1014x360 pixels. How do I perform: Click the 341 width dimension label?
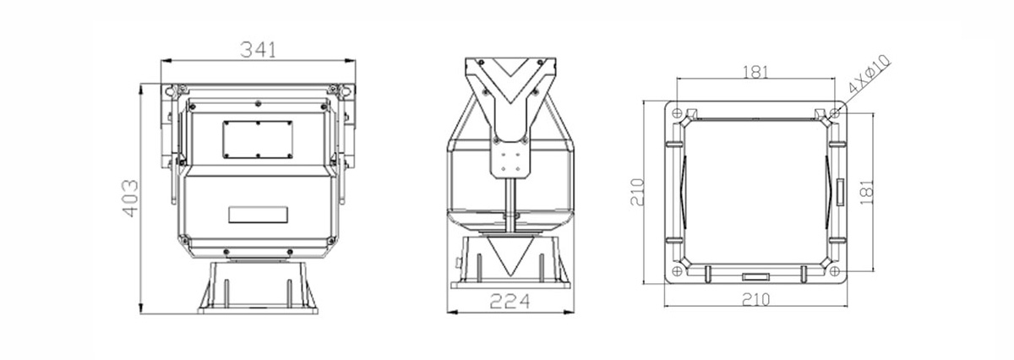258,49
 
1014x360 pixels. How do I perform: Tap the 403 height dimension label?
130,199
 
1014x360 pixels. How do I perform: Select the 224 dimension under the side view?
510,301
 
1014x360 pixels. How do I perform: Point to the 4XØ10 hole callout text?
870,74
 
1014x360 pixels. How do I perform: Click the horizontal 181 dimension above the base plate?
755,72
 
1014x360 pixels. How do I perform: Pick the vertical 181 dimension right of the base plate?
866,192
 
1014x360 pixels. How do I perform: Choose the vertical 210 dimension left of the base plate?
637,192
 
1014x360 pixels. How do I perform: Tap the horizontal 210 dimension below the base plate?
755,299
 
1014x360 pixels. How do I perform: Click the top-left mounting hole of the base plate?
677,112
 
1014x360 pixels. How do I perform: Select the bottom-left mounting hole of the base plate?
677,271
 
